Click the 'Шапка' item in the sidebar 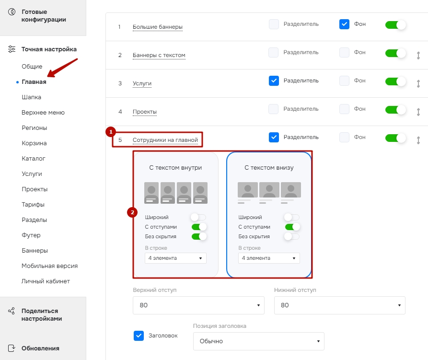(31, 97)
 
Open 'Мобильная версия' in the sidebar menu (50, 266)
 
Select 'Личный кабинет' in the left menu (46, 281)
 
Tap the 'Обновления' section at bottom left (40, 348)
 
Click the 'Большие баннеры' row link (158, 27)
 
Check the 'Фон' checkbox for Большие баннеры (344, 24)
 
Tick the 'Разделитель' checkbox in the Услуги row (274, 81)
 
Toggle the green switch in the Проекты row (395, 110)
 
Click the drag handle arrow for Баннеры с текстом (418, 56)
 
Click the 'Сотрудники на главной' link (165, 140)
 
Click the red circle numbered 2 (132, 212)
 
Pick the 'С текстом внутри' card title (175, 168)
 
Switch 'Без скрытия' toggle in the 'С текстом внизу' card (292, 236)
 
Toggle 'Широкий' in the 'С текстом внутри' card (198, 217)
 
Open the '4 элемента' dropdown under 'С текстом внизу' (269, 258)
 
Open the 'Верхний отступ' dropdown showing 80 (198, 305)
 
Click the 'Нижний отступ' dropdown (339, 305)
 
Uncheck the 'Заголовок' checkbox (139, 336)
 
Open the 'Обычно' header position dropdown (258, 341)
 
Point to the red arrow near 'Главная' (62, 68)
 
